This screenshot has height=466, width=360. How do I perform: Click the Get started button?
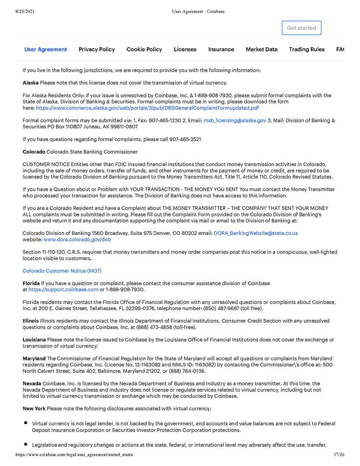(301, 28)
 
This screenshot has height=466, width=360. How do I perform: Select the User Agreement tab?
(46, 49)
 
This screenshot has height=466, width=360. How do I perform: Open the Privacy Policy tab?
(96, 49)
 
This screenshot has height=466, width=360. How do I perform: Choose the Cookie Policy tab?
(144, 49)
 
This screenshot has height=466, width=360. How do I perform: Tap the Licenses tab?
(185, 49)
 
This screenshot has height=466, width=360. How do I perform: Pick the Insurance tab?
(221, 49)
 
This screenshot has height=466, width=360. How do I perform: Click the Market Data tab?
(261, 49)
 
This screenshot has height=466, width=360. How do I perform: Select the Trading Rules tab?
(306, 49)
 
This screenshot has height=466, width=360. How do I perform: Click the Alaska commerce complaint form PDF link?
(147, 108)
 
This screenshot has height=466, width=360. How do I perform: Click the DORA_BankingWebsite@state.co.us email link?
(256, 233)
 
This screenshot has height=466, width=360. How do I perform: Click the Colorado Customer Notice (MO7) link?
(62, 271)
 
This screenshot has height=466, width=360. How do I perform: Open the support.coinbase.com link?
(63, 290)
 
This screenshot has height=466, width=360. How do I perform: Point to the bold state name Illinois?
(31, 321)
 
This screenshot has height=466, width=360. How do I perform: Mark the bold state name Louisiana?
(34, 339)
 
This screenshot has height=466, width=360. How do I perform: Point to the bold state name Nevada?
(31, 383)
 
